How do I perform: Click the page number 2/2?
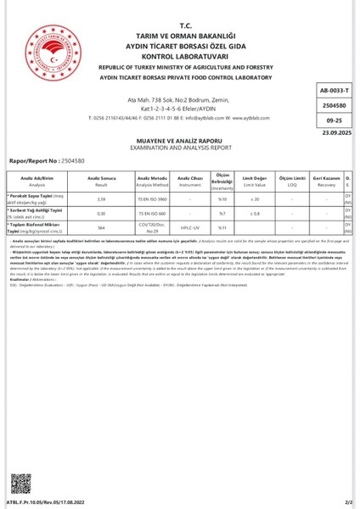(347, 501)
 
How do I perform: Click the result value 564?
(101, 227)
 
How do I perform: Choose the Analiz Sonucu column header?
(101, 182)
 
